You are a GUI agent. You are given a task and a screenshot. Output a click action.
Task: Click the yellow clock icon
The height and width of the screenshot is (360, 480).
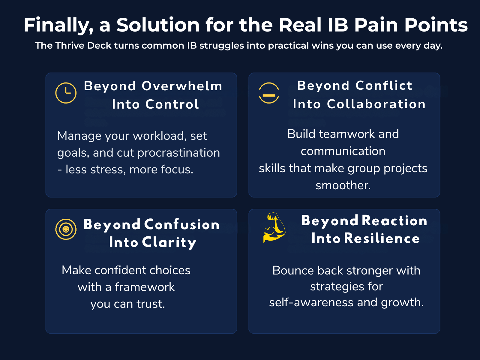point(66,93)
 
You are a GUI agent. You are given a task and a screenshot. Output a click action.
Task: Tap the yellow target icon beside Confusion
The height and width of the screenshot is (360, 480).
point(66,229)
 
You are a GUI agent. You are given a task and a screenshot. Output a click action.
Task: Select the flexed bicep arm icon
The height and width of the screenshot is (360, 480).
point(274,227)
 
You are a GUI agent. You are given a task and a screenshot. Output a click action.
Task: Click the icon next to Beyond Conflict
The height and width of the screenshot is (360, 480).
point(269,93)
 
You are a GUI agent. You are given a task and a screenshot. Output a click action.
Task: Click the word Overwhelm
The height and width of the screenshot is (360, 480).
point(182,86)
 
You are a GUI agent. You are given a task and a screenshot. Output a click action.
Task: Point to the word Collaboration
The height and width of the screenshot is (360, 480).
point(376,104)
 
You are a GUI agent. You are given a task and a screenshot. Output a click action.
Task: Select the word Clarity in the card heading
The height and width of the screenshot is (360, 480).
point(169,242)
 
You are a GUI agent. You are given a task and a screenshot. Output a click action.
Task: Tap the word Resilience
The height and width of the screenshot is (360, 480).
point(382,238)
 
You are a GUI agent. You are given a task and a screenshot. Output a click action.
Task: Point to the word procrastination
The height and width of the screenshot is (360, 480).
point(179,153)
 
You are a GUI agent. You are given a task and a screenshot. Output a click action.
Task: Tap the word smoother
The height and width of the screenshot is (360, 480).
point(343,185)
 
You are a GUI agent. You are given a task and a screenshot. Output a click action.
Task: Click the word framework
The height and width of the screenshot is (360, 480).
point(145,287)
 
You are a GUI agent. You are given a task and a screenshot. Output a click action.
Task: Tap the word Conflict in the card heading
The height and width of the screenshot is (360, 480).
point(384,85)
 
